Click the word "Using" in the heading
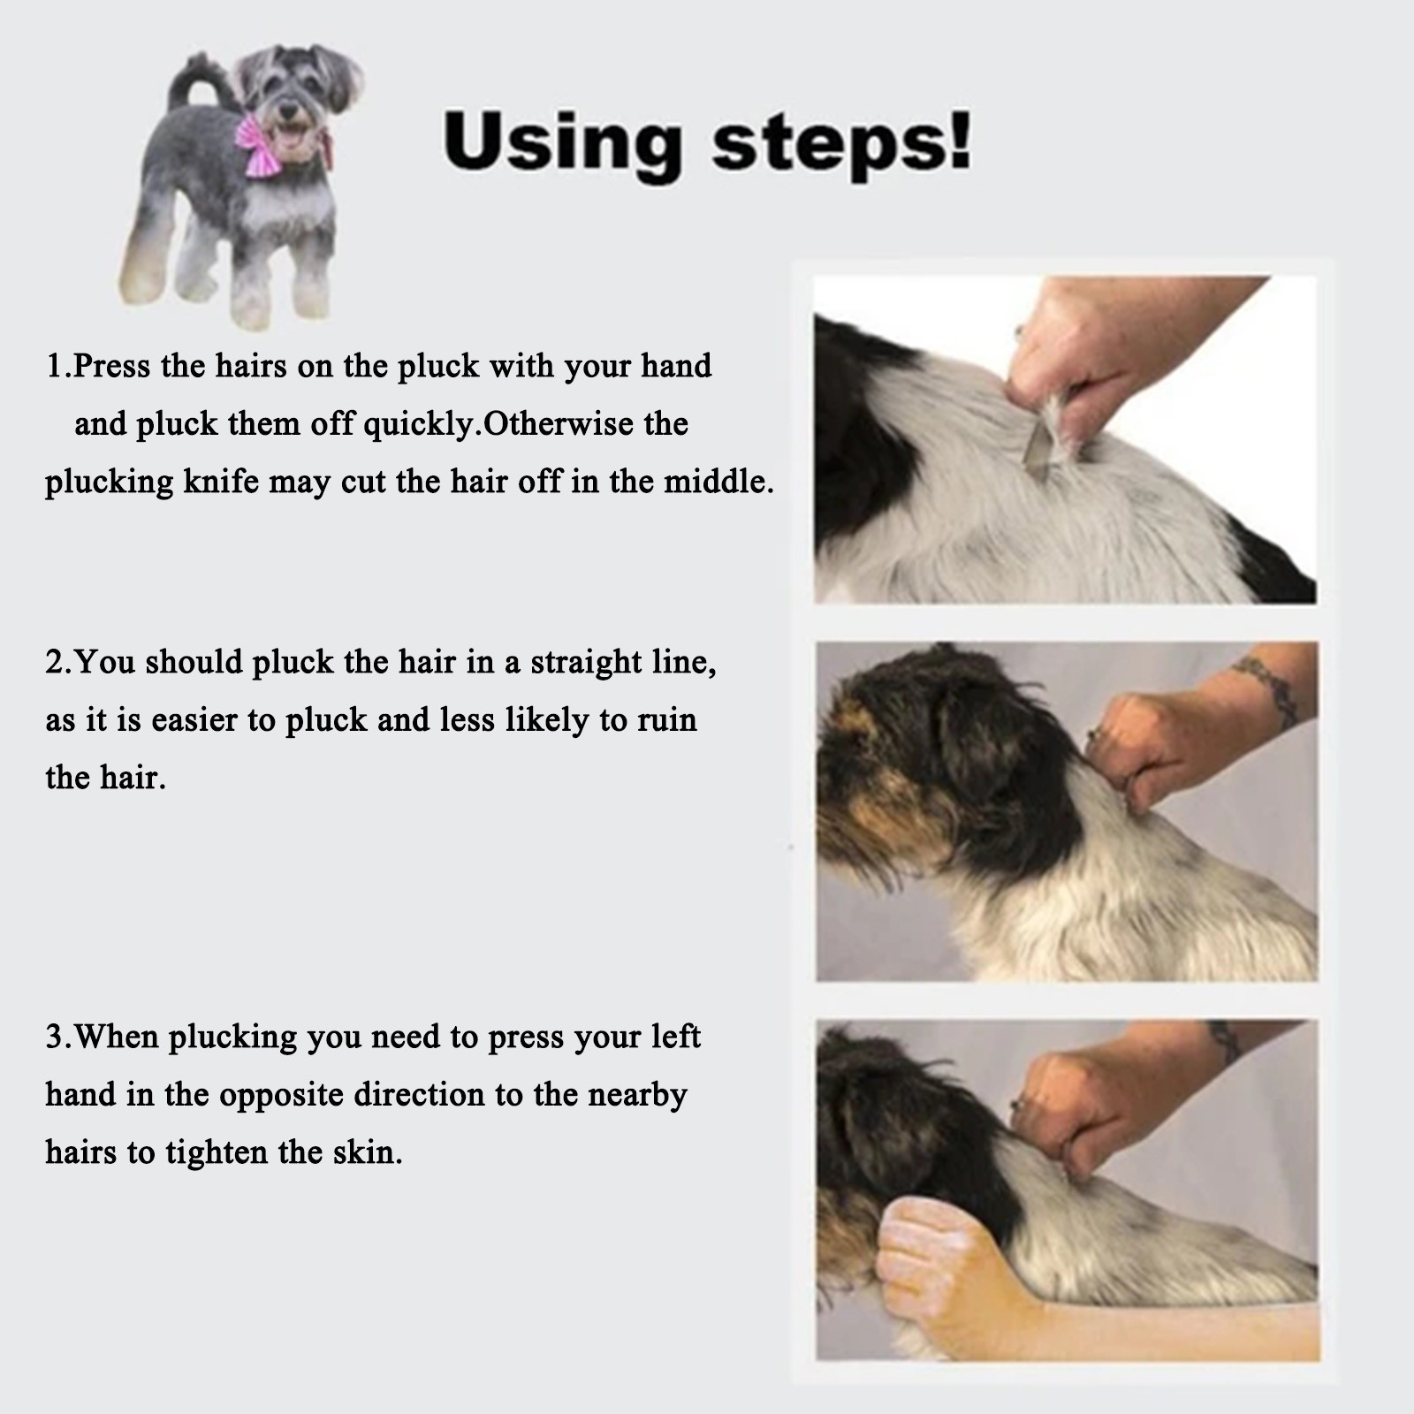tap(562, 141)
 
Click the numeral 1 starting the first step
tap(53, 365)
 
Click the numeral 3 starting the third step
tap(54, 1037)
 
